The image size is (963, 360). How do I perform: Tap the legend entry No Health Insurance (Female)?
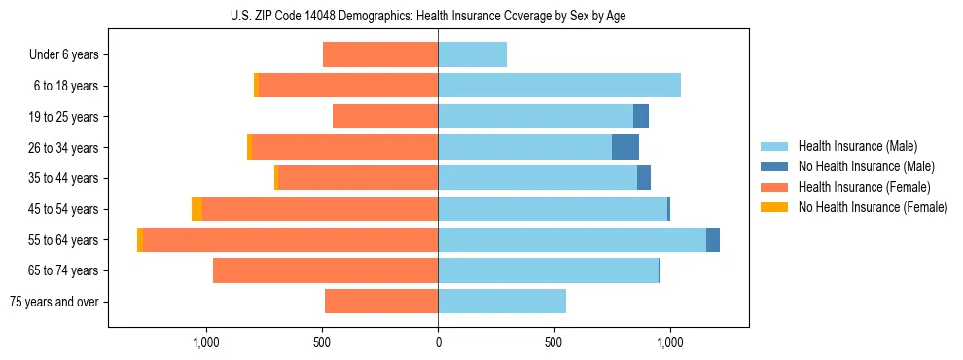(x=873, y=207)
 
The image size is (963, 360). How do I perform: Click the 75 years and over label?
(x=53, y=302)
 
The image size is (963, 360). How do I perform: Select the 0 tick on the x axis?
(x=438, y=342)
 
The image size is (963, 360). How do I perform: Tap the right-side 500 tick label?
(x=553, y=342)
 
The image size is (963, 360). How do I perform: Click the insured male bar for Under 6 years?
(x=472, y=55)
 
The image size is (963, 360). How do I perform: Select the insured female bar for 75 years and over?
(x=381, y=302)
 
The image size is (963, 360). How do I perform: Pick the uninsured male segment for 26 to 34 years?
(x=625, y=148)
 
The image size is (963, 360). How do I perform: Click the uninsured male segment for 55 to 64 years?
(x=713, y=240)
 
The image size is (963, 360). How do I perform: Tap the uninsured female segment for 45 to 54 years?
(x=197, y=209)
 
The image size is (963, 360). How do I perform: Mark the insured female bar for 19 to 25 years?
(x=385, y=117)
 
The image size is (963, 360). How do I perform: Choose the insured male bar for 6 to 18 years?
(x=559, y=86)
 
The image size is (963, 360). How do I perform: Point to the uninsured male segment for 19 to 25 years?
(x=641, y=117)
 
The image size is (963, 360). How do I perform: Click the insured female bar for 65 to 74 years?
(x=325, y=270)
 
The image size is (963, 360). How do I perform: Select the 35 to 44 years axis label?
(x=63, y=178)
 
